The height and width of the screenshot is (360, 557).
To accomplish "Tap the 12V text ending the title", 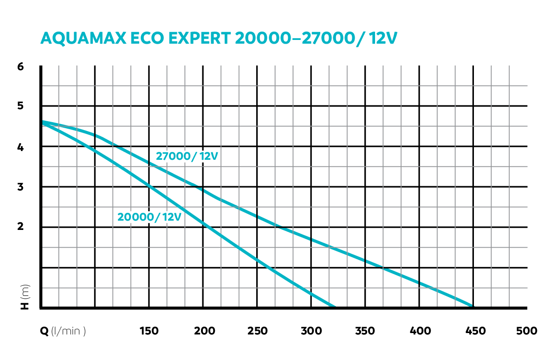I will coord(383,38).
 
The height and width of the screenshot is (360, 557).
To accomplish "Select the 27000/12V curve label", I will coord(187,157).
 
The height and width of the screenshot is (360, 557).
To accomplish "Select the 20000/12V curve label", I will coord(149,216).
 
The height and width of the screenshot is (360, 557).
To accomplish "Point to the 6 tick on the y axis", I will coord(20,66).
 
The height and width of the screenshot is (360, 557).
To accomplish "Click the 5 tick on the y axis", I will coord(20,106).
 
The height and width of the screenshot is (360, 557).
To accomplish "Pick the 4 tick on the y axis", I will coord(20,147).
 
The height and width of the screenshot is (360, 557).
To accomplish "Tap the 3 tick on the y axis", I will coord(20,187).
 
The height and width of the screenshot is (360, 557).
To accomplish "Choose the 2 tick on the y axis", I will coord(20,227).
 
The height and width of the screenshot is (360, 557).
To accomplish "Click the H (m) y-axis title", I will coord(25,297).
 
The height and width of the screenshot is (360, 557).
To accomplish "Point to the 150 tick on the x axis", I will coord(149,331).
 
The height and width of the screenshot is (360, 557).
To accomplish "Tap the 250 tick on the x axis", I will coord(258,331).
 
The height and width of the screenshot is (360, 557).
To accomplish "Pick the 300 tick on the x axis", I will coord(311,331).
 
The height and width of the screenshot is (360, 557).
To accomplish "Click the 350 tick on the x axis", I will coord(365,331).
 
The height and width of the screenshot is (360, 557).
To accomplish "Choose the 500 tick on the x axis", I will coord(526,331).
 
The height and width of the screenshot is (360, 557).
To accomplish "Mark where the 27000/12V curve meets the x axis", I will coord(472,306).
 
